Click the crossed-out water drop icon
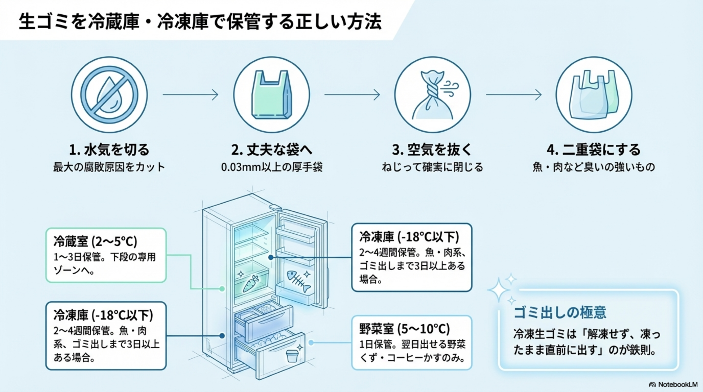pyautogui.click(x=109, y=95)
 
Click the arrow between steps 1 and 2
pyautogui.click(x=190, y=95)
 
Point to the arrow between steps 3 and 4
pyautogui.click(x=514, y=95)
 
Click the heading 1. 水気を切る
pyautogui.click(x=109, y=150)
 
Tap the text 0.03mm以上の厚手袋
pyautogui.click(x=272, y=167)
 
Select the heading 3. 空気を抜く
pyautogui.click(x=432, y=150)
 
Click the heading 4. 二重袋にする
pyautogui.click(x=594, y=150)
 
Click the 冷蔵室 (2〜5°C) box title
pyautogui.click(x=95, y=241)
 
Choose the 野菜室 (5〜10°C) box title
pyautogui.click(x=404, y=329)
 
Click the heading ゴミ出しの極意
pyautogui.click(x=560, y=313)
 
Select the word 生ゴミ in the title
pyautogui.click(x=44, y=21)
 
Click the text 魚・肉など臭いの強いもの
pyautogui.click(x=594, y=167)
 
